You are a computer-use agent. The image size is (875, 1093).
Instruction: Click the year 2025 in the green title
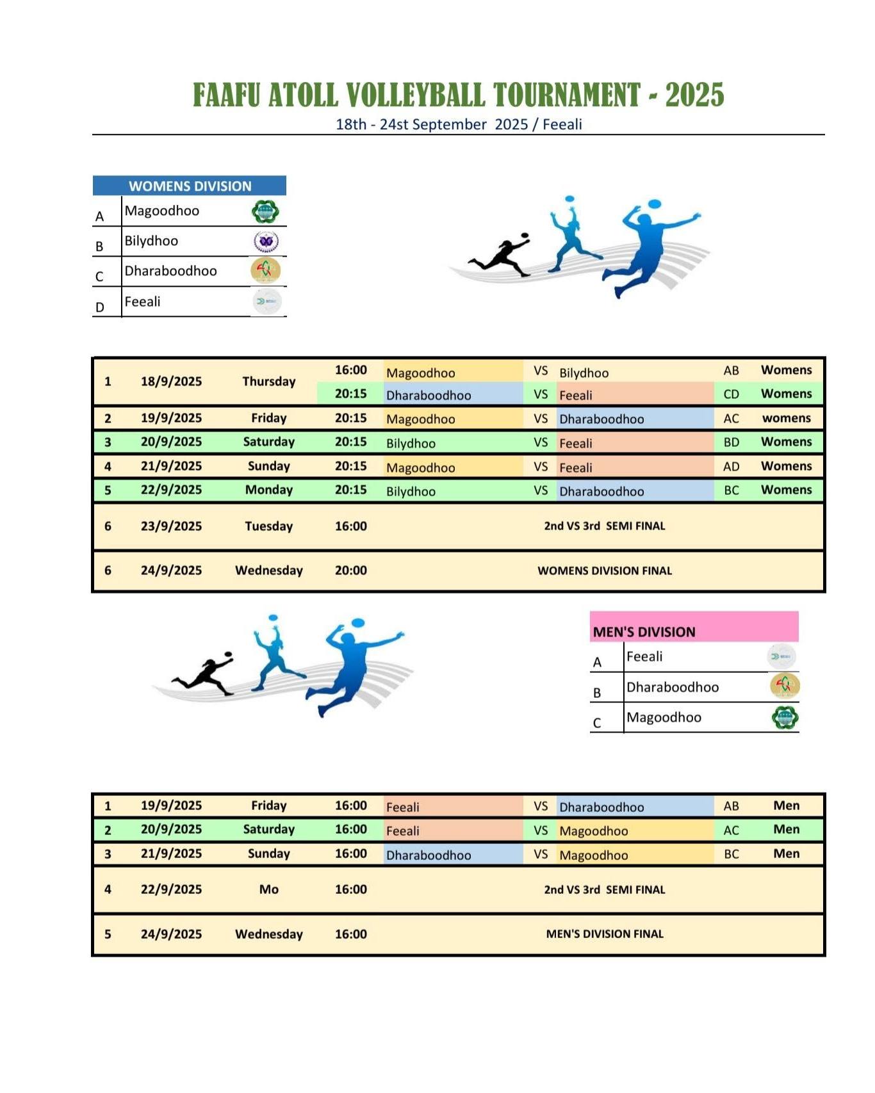pos(694,95)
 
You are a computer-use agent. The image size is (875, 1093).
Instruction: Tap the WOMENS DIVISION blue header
pos(190,186)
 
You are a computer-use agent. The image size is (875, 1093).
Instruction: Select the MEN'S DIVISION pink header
pos(644,631)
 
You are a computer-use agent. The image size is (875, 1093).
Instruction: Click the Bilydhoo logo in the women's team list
pos(265,241)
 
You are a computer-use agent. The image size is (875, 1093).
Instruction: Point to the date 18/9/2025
pos(171,381)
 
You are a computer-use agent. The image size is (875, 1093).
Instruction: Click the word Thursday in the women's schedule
pos(268,381)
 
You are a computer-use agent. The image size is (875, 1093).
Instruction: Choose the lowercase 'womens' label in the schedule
pos(786,418)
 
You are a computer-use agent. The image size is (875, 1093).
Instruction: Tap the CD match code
pos(731,394)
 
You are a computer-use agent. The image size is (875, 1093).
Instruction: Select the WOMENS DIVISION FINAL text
pos(604,571)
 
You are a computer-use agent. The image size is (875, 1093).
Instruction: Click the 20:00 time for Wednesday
pos(350,571)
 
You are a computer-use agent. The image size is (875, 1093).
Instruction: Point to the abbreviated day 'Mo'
pos(268,889)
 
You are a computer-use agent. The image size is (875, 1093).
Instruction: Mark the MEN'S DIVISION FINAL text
pos(604,934)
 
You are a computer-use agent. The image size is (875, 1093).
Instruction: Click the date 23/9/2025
pos(171,526)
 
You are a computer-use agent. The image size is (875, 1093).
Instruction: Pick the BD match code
pos(731,442)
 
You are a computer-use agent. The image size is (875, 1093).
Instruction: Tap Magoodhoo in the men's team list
pos(664,717)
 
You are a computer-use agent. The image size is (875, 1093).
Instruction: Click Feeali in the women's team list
pos(142,302)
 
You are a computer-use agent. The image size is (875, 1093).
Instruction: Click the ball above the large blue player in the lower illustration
pos(358,622)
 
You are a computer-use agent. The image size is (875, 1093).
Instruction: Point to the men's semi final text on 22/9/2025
pos(604,889)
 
